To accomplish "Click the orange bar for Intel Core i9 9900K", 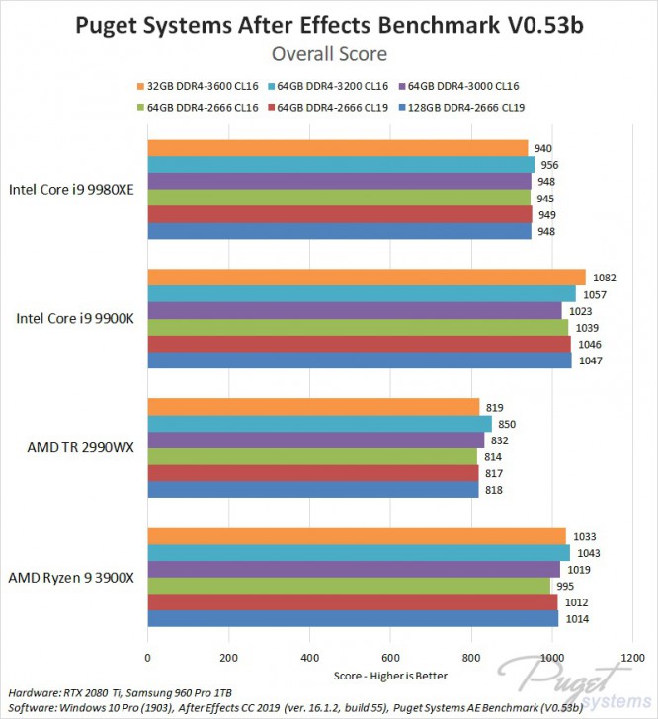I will [367, 278].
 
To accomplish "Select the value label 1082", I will [598, 278].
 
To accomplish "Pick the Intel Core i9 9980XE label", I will [71, 190].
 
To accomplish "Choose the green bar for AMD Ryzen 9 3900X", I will [349, 587].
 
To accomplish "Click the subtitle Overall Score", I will [329, 53].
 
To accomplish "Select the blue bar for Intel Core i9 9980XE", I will [340, 232].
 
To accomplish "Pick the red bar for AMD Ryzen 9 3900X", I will [353, 602].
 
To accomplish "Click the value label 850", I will [507, 424].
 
